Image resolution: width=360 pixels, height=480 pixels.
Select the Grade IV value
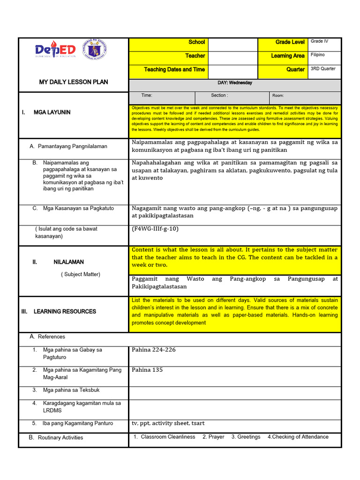point(319,41)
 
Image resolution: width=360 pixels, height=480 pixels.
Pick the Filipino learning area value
point(317,55)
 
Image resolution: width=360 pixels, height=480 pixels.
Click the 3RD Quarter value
point(323,68)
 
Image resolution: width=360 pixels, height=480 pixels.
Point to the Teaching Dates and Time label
point(174,69)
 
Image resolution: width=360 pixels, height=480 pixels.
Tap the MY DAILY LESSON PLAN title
point(74,82)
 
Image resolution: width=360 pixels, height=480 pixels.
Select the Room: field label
point(278,96)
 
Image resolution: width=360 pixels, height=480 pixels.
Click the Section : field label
point(219,95)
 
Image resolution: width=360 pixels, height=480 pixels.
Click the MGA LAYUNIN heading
point(52,112)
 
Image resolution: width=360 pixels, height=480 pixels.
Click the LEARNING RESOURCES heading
point(65,311)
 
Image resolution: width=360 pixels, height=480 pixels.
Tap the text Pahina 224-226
point(154,350)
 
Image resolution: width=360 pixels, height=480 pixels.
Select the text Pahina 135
point(147,370)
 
